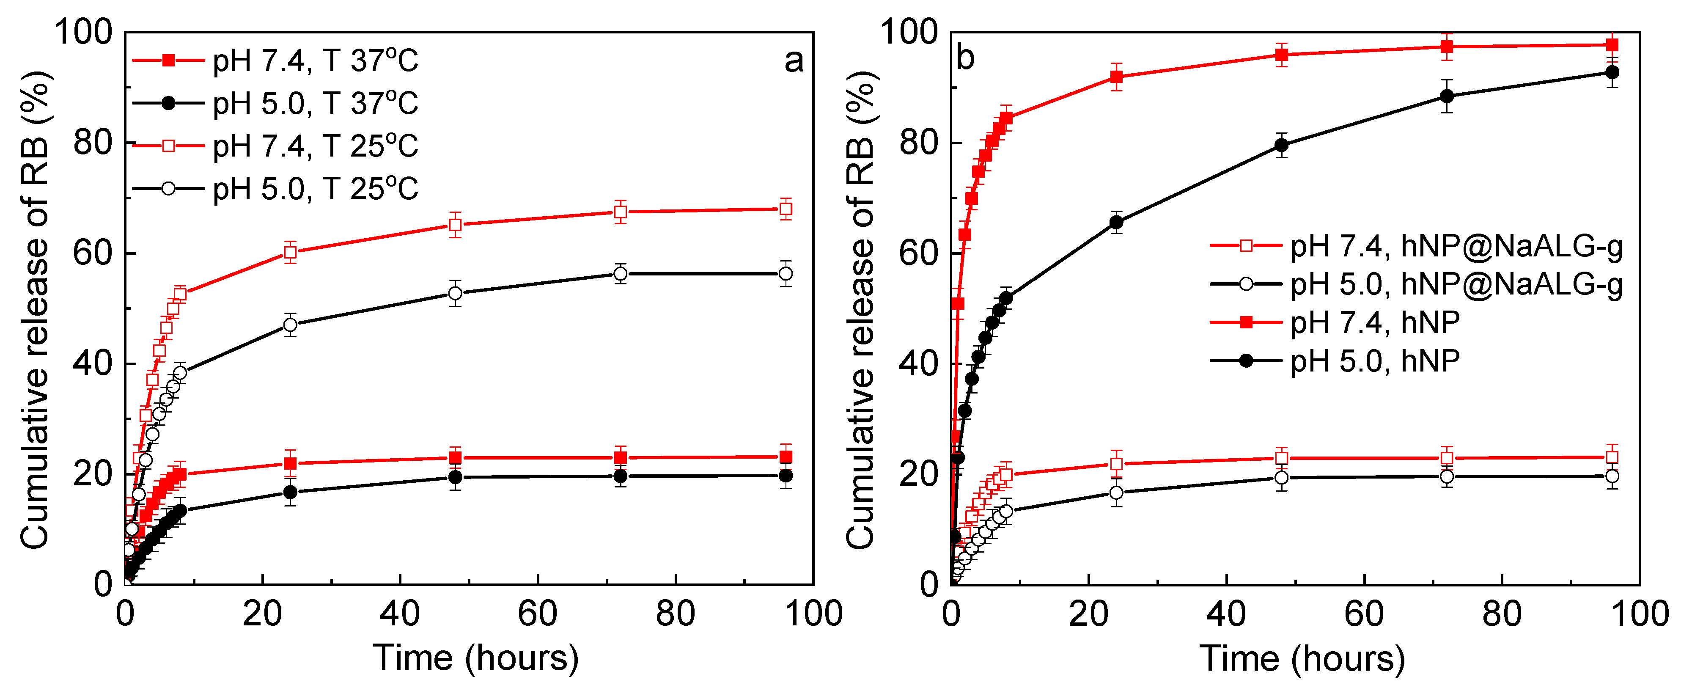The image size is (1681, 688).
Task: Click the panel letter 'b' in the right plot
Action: pyautogui.click(x=965, y=58)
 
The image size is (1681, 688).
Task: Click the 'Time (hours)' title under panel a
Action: pyautogui.click(x=476, y=658)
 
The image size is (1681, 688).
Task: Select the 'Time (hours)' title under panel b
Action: pyautogui.click(x=1302, y=658)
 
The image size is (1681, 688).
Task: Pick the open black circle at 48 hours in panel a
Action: pyautogui.click(x=456, y=293)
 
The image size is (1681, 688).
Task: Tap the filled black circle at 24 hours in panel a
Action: pyautogui.click(x=291, y=492)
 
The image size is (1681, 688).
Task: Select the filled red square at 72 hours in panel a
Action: pyautogui.click(x=621, y=457)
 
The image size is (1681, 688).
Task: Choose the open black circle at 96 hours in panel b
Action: pyautogui.click(x=1612, y=476)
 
